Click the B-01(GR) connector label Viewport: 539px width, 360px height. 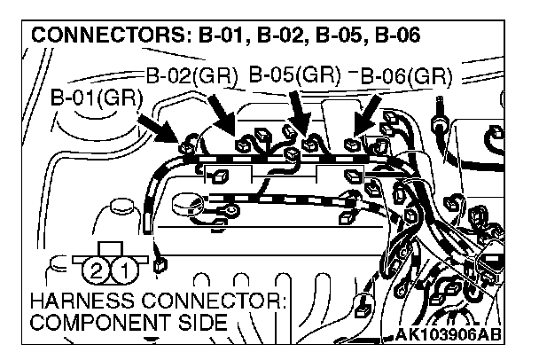[x=96, y=96]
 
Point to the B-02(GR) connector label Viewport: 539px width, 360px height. [x=191, y=75]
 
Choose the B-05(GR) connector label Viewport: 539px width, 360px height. [x=294, y=74]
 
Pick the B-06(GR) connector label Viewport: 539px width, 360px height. [x=406, y=75]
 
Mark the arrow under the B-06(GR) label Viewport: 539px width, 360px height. [x=366, y=117]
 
